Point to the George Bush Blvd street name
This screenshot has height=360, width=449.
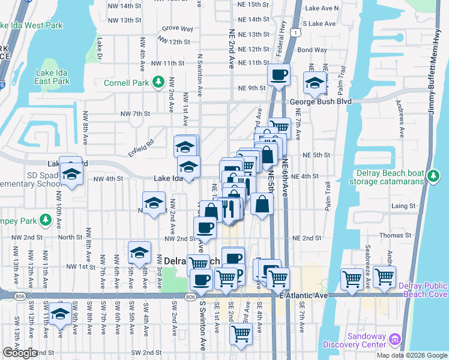pyautogui.click(x=320, y=102)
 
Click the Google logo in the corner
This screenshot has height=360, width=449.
pyautogui.click(x=20, y=353)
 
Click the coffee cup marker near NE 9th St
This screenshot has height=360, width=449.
pyautogui.click(x=279, y=76)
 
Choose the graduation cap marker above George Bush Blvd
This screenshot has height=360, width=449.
pyautogui.click(x=315, y=83)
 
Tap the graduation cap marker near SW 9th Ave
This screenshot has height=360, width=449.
pyautogui.click(x=60, y=313)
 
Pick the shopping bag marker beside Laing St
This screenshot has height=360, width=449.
pyautogui.click(x=262, y=203)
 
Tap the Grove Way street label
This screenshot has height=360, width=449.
pyautogui.click(x=177, y=28)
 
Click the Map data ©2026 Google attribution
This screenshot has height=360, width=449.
pyautogui.click(x=411, y=355)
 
